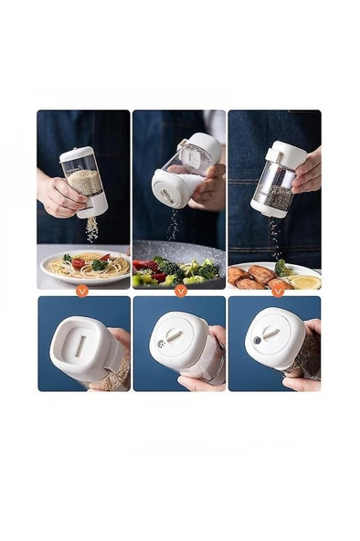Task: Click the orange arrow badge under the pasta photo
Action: coord(83,290)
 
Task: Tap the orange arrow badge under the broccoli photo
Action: coord(180,290)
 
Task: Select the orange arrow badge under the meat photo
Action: coord(277,290)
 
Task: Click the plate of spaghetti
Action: coord(84,266)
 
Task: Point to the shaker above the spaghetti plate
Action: coord(83,182)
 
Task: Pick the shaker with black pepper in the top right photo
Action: coord(274,178)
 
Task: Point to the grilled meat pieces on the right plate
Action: coord(252,276)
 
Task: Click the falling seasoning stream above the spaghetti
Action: coord(91,231)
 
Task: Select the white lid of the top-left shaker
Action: coord(78,154)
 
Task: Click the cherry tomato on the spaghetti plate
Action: coord(79,263)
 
